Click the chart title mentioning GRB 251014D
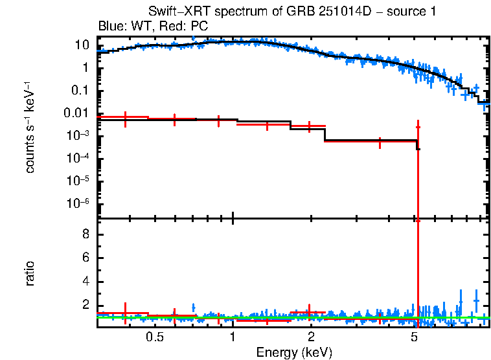(x=292, y=12)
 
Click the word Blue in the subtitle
(x=109, y=26)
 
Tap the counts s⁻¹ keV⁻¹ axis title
(x=30, y=127)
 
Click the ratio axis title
(x=30, y=273)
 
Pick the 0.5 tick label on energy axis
(x=154, y=337)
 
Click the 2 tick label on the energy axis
(x=311, y=337)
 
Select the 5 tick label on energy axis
(x=415, y=337)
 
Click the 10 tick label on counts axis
(x=82, y=45)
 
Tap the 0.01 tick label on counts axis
(x=76, y=113)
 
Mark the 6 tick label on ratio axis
(x=84, y=258)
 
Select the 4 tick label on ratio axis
(x=84, y=282)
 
